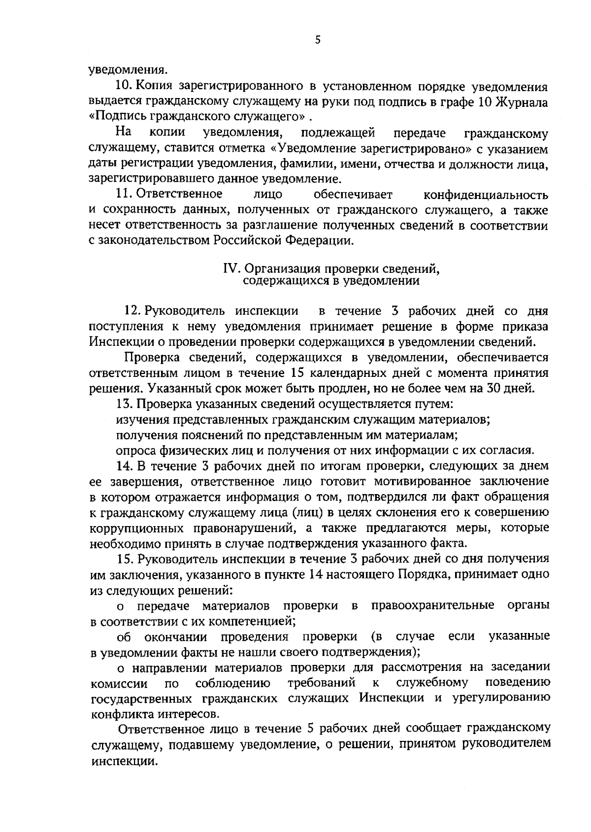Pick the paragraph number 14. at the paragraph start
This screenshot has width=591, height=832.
(124, 466)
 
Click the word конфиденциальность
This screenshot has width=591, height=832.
(486, 195)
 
